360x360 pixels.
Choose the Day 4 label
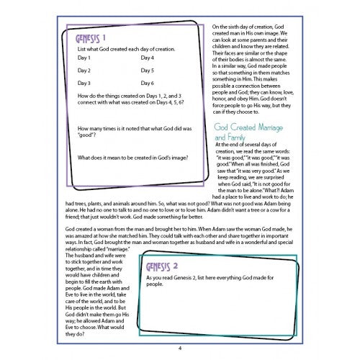click(x=147, y=58)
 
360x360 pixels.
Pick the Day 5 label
click(x=147, y=71)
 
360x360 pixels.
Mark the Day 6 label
click(x=147, y=84)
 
